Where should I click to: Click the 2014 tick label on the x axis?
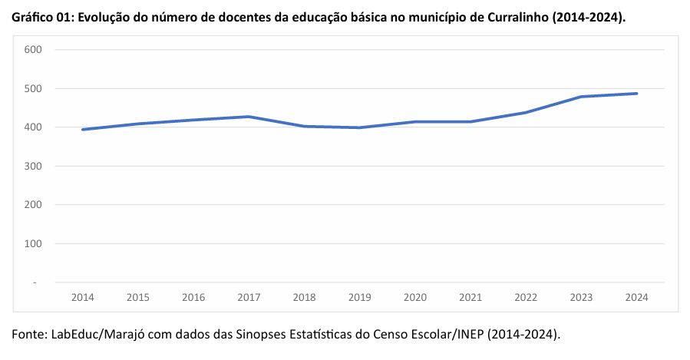pos(82,297)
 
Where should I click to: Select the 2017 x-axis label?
pos(249,297)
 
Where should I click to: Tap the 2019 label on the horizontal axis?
pos(359,297)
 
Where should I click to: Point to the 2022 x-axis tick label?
pos(526,297)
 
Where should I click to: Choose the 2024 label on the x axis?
pos(636,297)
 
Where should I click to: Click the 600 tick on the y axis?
pos(32,50)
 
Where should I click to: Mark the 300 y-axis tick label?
pos(32,166)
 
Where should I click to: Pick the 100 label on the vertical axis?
pos(32,244)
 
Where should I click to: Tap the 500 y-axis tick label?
pos(32,88)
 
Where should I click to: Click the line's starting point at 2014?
pos(82,130)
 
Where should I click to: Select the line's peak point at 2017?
pos(249,117)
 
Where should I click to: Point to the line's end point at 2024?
pos(636,94)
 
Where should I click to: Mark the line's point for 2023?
pos(581,97)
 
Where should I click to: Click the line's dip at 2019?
pos(359,127)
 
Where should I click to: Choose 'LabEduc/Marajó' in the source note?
pos(104,335)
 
